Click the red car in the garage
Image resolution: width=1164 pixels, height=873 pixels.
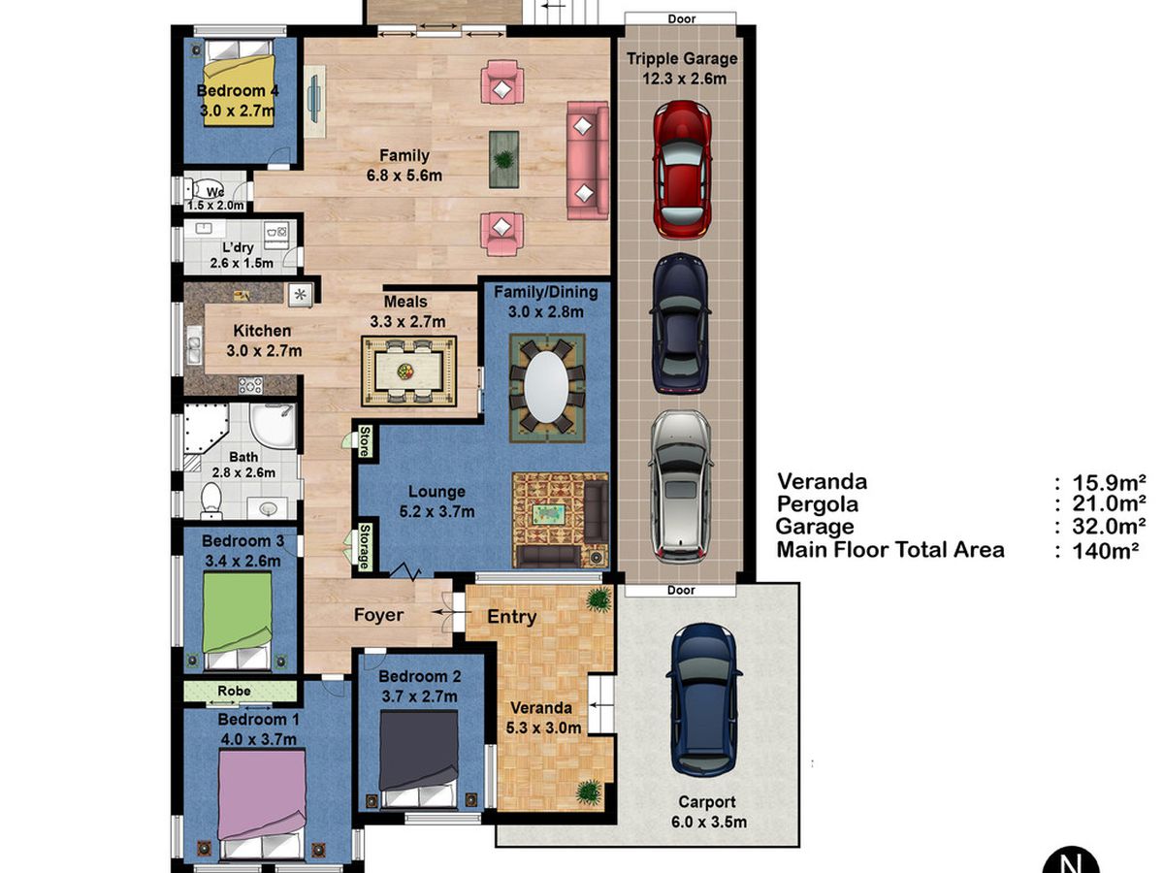(x=682, y=170)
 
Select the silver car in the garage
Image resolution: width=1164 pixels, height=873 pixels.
(x=681, y=487)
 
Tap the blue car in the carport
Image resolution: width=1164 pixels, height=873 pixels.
(x=703, y=700)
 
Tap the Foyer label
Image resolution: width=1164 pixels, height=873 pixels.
(x=378, y=615)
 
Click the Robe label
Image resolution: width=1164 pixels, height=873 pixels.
(x=234, y=691)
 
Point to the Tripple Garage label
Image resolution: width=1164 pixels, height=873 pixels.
(x=682, y=58)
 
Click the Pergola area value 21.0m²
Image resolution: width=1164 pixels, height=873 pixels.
(x=1109, y=503)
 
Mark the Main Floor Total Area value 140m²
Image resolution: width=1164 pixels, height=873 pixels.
(x=1105, y=551)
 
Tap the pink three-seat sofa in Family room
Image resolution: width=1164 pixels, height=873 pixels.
(x=588, y=160)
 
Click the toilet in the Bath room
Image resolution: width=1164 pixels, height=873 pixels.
(x=211, y=500)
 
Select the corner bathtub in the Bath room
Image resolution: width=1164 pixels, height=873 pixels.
(x=206, y=430)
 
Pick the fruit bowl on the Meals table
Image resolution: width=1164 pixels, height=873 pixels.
(x=405, y=372)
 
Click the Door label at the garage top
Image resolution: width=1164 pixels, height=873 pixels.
(x=682, y=19)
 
